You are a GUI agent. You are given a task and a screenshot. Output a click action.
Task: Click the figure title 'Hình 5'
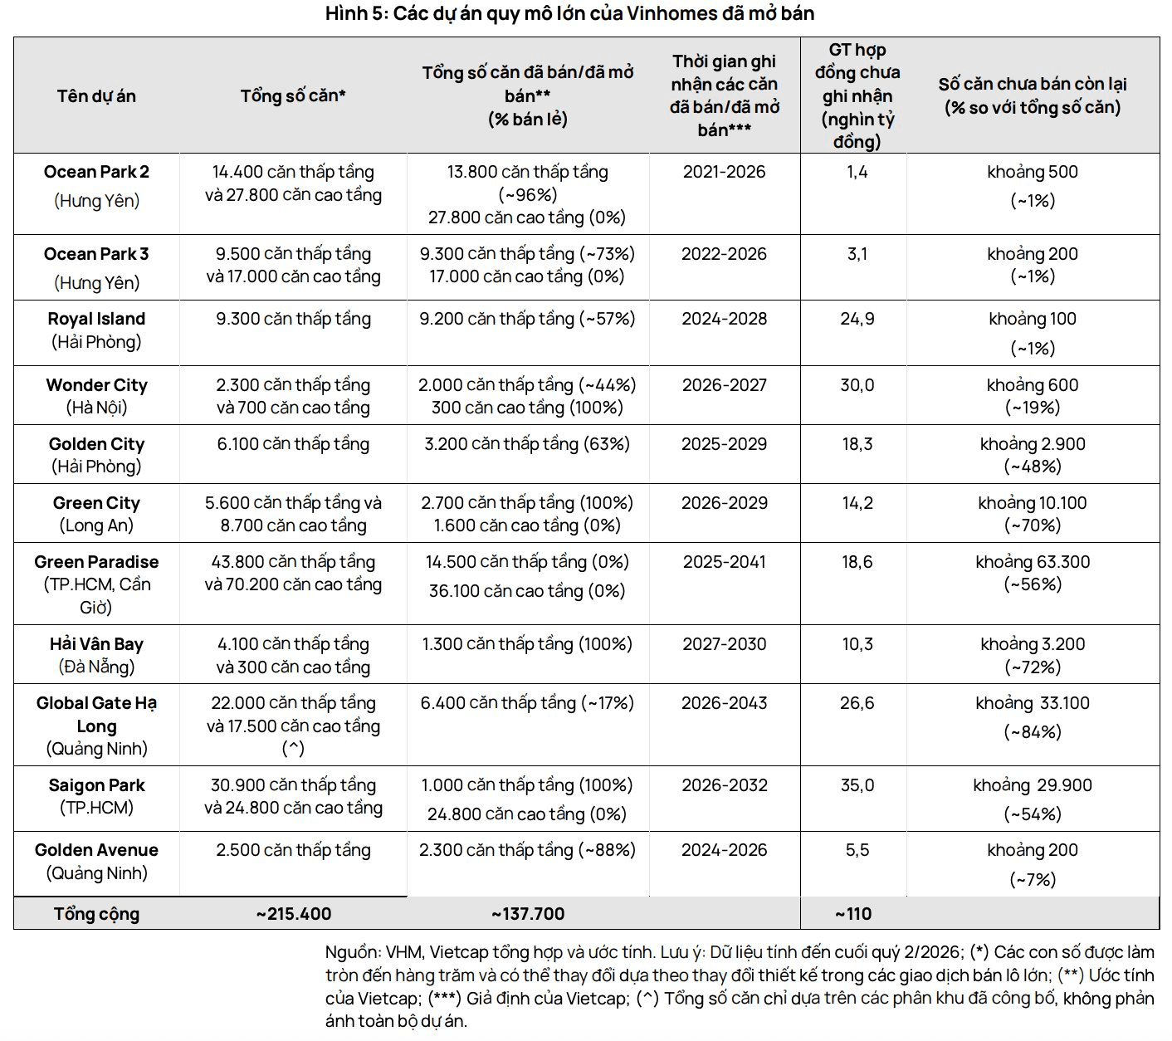355,13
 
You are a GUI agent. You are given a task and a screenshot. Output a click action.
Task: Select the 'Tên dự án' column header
96,96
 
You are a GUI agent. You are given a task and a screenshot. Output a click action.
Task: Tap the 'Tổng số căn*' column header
293,95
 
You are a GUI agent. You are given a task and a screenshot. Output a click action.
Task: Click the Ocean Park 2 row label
96,172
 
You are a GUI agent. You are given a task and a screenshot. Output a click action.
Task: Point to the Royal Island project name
96,319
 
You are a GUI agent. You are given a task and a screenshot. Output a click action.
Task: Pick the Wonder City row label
96,385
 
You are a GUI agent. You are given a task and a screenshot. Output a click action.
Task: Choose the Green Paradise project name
96,562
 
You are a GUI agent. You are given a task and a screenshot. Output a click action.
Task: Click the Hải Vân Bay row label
96,644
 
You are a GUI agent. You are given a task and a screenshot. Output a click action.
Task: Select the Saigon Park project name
96,785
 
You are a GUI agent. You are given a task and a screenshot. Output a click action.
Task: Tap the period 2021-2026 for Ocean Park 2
725,172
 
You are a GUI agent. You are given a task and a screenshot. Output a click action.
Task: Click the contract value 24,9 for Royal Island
857,319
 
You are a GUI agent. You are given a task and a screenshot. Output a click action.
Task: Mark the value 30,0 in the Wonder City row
857,385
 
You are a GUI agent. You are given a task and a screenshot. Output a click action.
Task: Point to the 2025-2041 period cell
725,562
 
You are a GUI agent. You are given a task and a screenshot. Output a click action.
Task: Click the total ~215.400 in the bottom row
293,914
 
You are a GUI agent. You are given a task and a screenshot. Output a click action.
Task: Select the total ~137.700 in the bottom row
528,914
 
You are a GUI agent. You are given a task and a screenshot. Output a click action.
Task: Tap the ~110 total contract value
853,914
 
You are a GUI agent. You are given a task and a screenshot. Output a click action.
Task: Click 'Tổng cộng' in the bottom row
96,914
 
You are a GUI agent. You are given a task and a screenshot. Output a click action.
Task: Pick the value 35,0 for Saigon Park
857,785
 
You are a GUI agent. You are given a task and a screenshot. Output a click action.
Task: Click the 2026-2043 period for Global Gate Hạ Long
725,703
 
